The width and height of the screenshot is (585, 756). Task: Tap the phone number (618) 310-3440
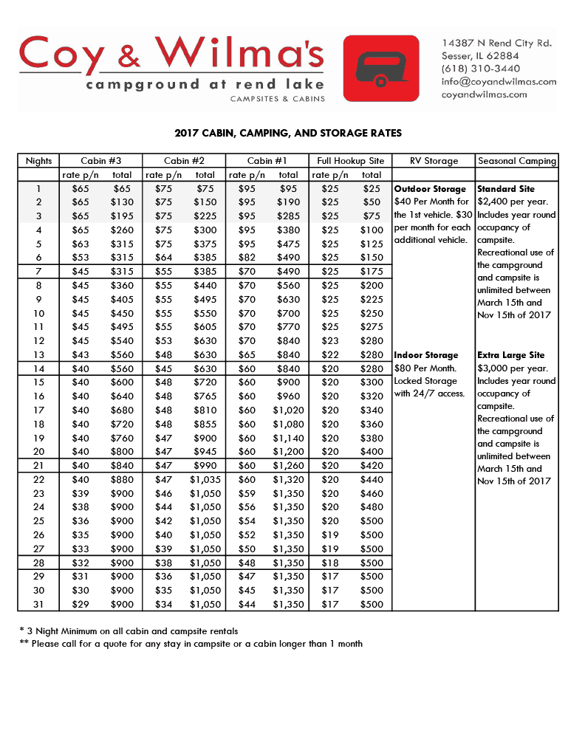click(481, 69)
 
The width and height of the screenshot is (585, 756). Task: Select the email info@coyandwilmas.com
click(499, 81)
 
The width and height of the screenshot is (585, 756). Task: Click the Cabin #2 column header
click(184, 161)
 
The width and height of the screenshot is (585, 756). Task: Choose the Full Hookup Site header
click(350, 161)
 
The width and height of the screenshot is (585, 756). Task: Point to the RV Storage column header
click(434, 161)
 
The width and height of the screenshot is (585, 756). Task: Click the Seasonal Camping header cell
click(517, 161)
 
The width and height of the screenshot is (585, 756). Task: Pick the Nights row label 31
click(39, 604)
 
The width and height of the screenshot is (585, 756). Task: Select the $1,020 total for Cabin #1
click(288, 410)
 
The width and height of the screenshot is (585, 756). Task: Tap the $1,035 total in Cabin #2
click(205, 479)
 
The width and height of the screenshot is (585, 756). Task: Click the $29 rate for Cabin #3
click(81, 604)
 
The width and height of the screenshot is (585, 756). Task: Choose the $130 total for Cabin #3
click(122, 202)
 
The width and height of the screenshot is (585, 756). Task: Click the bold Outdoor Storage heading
click(430, 189)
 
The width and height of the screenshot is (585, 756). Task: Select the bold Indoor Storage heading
click(426, 355)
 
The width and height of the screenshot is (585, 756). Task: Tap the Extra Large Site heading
click(511, 355)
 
